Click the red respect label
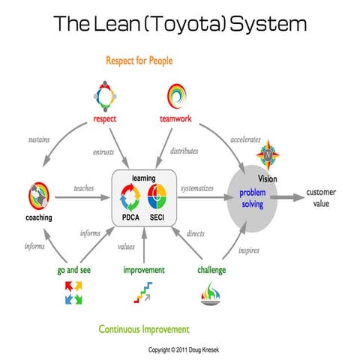(x=104, y=118)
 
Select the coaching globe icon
(x=37, y=197)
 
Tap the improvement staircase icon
(x=142, y=292)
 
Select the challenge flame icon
(x=212, y=293)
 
